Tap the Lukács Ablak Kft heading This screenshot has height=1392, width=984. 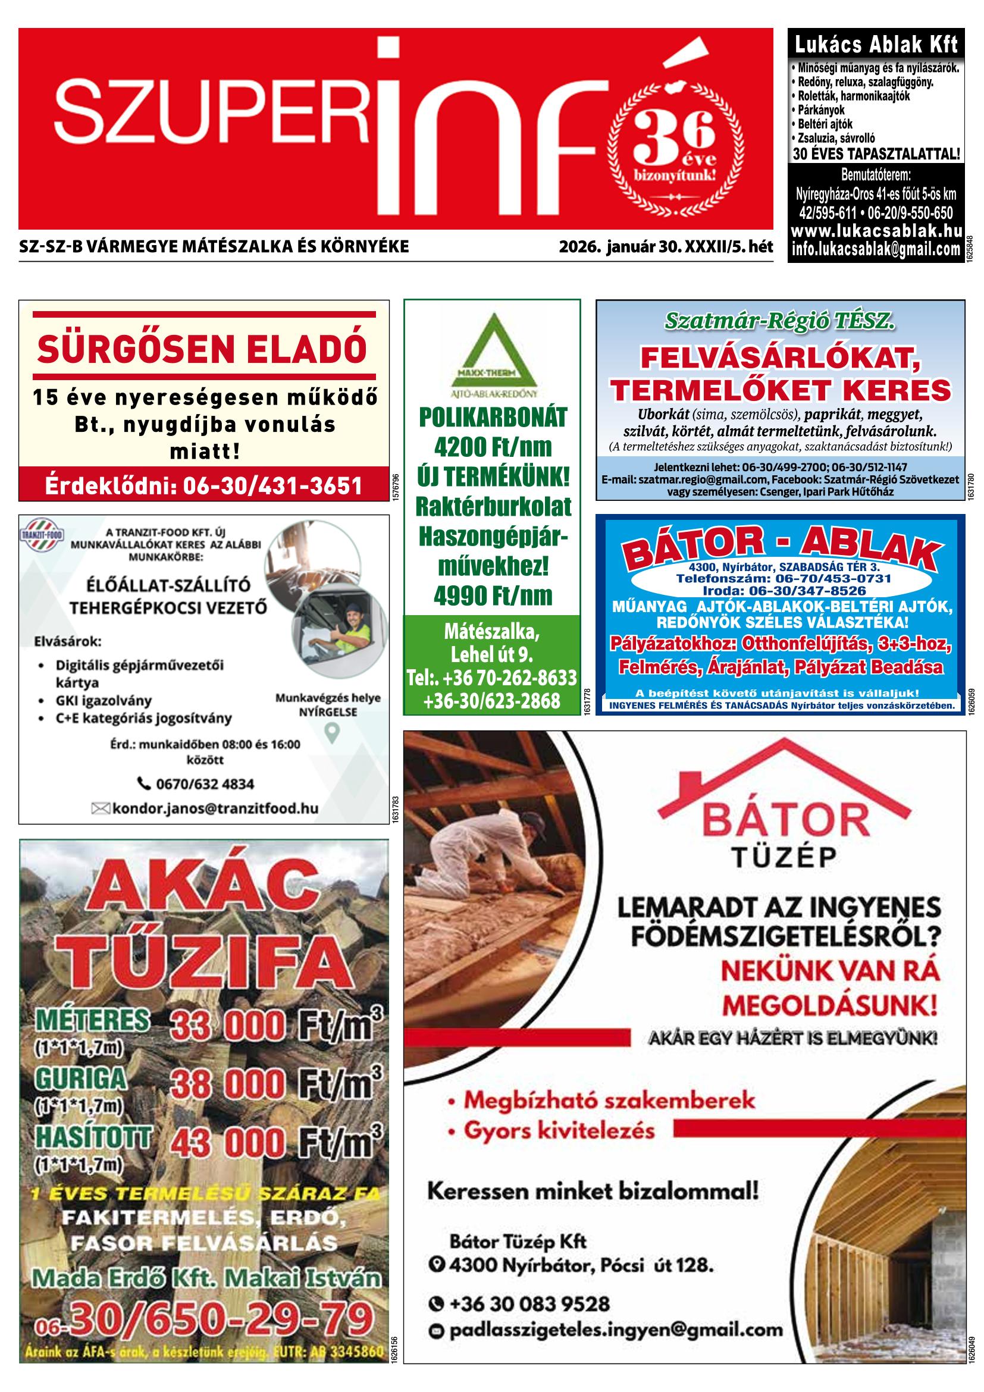(876, 44)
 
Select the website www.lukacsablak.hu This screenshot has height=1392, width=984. (876, 231)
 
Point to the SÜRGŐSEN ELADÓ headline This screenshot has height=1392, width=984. (202, 348)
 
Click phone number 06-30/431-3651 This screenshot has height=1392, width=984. (203, 485)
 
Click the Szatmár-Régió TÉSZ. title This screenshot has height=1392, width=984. (779, 321)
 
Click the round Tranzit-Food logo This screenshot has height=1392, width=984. (41, 535)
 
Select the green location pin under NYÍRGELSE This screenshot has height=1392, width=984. (331, 733)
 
